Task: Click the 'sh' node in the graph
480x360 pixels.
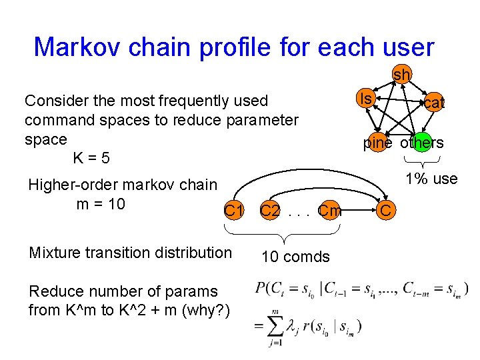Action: (x=401, y=75)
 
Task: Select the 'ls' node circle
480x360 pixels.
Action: (x=365, y=99)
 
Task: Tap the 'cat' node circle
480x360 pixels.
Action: (x=434, y=103)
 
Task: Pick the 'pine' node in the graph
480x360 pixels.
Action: (x=378, y=143)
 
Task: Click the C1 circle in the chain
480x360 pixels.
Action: (x=233, y=211)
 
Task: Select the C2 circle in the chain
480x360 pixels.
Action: (x=270, y=211)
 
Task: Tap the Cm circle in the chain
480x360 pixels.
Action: (x=330, y=211)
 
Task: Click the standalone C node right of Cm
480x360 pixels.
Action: (x=386, y=211)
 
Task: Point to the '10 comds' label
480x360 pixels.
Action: (x=295, y=257)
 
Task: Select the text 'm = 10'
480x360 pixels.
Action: (x=101, y=203)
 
